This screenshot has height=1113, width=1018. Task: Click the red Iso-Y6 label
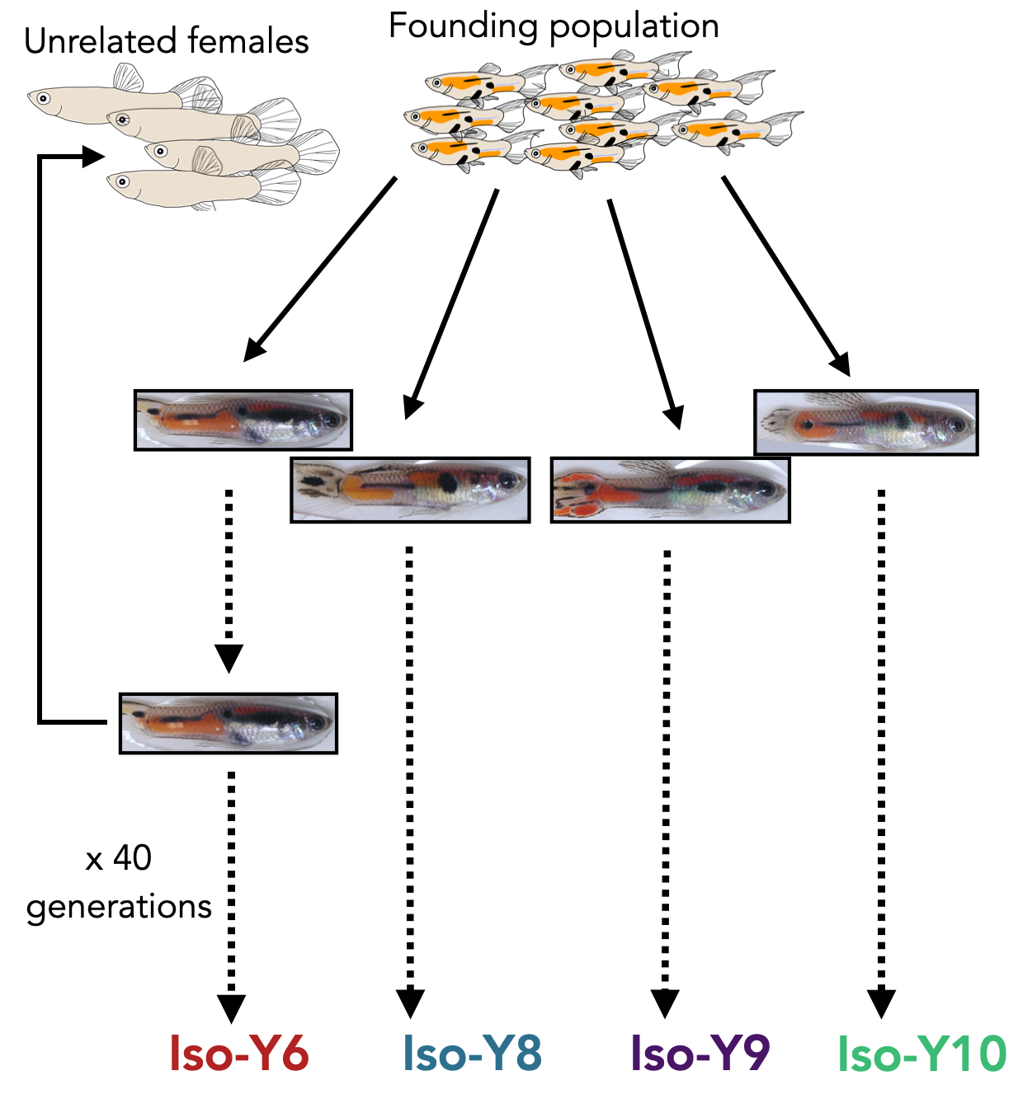(x=238, y=1054)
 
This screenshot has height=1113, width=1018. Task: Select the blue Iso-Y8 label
(x=472, y=1054)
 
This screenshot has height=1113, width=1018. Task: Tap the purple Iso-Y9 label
(x=700, y=1054)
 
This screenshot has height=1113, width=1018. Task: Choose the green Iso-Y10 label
(x=921, y=1054)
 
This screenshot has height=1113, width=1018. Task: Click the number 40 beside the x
(x=133, y=858)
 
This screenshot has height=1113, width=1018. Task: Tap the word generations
(x=120, y=907)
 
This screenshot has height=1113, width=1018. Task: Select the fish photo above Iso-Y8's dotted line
(x=410, y=491)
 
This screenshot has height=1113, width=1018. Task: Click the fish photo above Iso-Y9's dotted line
(x=670, y=491)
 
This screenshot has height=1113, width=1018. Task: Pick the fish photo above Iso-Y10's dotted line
(x=866, y=423)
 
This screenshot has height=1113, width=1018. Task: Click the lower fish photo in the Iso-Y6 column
(x=229, y=723)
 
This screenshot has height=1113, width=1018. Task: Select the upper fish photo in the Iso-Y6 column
(x=243, y=420)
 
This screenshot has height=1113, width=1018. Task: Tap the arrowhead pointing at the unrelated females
(x=93, y=156)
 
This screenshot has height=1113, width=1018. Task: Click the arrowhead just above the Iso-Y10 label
(x=881, y=1004)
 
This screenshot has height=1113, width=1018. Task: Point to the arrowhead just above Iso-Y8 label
(x=410, y=1004)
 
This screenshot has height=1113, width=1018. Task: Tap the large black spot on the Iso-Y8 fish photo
(x=447, y=481)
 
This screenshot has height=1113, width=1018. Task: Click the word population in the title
(x=634, y=26)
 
